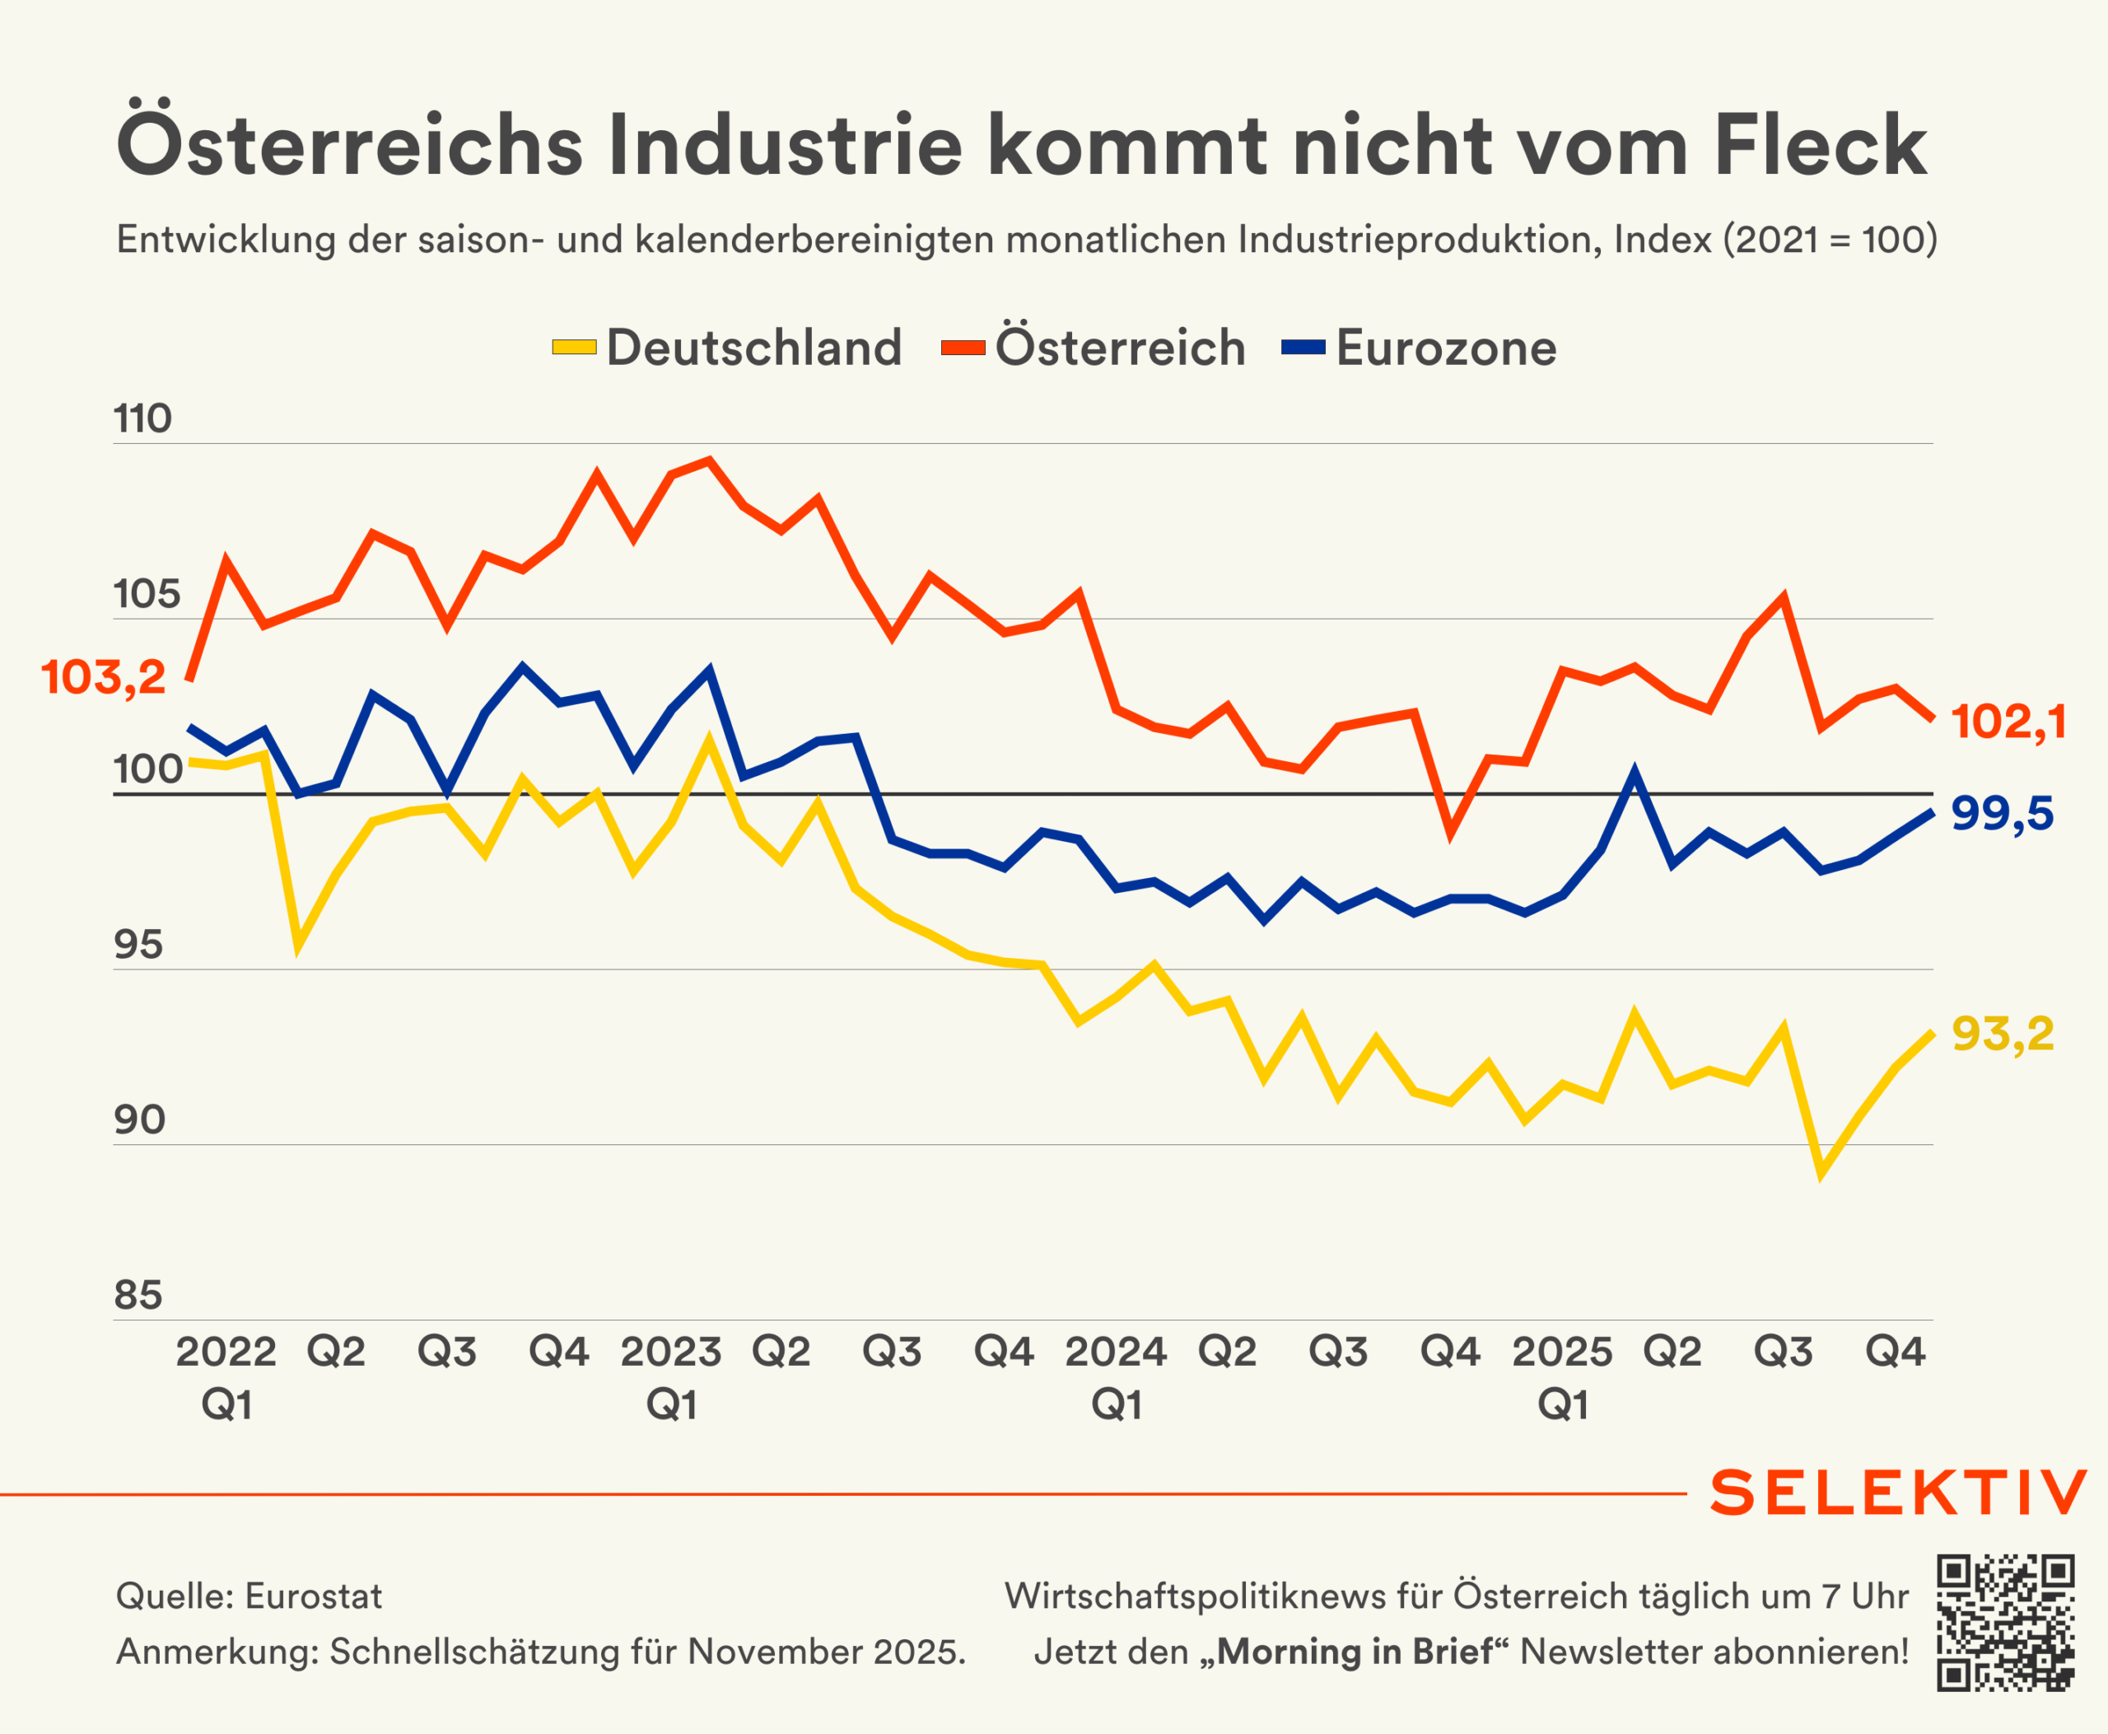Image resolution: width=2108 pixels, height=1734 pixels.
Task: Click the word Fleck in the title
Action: coord(1820,146)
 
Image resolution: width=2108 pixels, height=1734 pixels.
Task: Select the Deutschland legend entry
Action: coord(728,348)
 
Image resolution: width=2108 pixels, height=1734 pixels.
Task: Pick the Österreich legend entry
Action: coord(1094,348)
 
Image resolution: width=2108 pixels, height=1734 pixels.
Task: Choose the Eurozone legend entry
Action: coord(1420,348)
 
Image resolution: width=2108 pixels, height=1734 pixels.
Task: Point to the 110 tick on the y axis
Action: coord(142,418)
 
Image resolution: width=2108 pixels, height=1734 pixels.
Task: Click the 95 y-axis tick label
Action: coord(138,944)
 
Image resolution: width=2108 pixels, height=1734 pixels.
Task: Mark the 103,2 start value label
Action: coord(103,677)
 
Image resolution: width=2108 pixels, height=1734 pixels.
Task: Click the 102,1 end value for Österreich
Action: coord(2008,721)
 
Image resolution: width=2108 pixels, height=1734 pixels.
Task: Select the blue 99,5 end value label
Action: coord(2002,813)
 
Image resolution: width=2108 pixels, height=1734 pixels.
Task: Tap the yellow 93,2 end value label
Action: coord(2002,1034)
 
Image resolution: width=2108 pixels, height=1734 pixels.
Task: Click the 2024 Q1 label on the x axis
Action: coord(1116,1377)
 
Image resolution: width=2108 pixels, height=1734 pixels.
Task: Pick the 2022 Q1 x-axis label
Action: coord(226,1377)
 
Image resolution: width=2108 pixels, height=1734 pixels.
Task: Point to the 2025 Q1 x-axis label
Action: coord(1562,1377)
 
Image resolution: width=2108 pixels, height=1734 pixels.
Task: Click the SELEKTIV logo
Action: coord(1897,1493)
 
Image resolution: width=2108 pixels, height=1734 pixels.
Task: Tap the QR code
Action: coord(2005,1623)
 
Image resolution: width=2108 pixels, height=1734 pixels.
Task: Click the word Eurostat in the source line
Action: coord(313,1596)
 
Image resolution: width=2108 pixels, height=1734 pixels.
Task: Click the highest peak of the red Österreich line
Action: coord(709,460)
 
